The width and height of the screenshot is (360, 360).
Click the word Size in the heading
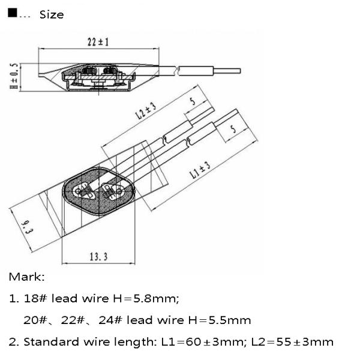[52, 14]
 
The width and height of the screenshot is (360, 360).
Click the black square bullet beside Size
[12, 13]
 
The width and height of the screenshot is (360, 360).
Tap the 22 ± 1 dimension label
[98, 42]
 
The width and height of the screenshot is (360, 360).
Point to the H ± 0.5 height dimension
[14, 76]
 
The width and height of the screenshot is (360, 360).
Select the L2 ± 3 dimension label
[146, 110]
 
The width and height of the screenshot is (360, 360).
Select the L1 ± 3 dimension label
[200, 170]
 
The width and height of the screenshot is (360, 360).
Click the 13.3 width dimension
[98, 257]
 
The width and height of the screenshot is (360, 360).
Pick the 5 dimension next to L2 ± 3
[193, 101]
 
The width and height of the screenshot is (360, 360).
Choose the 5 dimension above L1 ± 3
[233, 129]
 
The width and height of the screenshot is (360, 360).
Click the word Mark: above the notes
[26, 277]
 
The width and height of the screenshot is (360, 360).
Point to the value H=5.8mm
[146, 298]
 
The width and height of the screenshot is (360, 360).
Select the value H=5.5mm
[220, 320]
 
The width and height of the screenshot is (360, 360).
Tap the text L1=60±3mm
[203, 342]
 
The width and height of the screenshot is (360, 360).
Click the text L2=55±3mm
[293, 342]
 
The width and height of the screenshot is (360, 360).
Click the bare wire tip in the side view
[227, 71]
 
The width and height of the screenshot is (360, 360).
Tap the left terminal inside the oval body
[84, 190]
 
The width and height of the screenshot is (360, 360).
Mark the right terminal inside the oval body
[112, 190]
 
